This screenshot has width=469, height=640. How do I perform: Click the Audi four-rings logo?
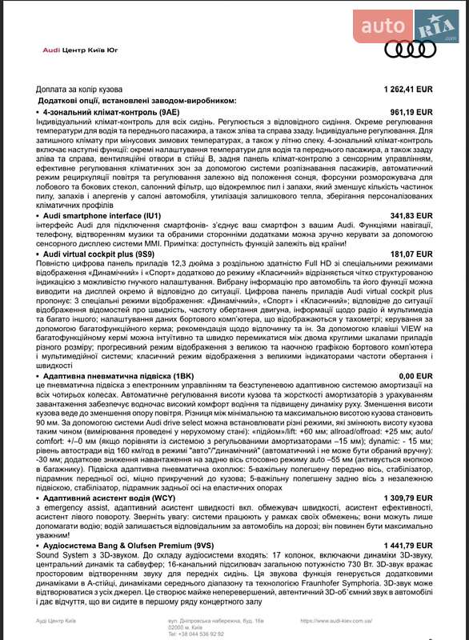pos(410,49)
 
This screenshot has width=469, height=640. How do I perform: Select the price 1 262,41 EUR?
pos(408,90)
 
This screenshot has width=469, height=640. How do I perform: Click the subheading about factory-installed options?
pos(138,101)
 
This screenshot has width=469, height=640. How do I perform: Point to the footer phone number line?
pos(195,633)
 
